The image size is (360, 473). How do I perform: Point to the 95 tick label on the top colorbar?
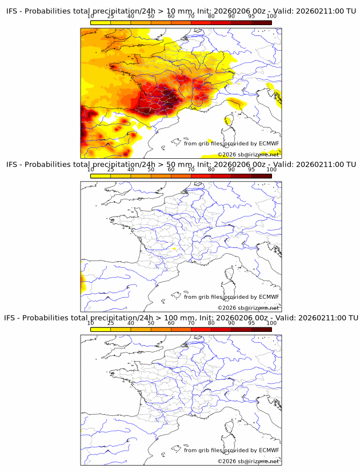click(x=252, y=17)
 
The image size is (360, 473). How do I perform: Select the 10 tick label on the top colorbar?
click(x=91, y=17)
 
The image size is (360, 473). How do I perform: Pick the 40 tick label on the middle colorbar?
click(x=131, y=170)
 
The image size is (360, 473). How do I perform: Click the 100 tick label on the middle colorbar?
click(x=271, y=170)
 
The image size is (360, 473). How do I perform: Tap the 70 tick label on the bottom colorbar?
click(x=191, y=323)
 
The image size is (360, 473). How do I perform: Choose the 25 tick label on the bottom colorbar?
click(x=111, y=323)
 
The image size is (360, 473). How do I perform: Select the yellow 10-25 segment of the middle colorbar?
click(x=101, y=175)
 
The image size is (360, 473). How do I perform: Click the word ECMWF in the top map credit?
click(x=269, y=143)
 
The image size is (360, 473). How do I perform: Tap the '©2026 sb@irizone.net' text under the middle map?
click(x=248, y=308)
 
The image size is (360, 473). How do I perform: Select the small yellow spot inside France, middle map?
click(x=174, y=250)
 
